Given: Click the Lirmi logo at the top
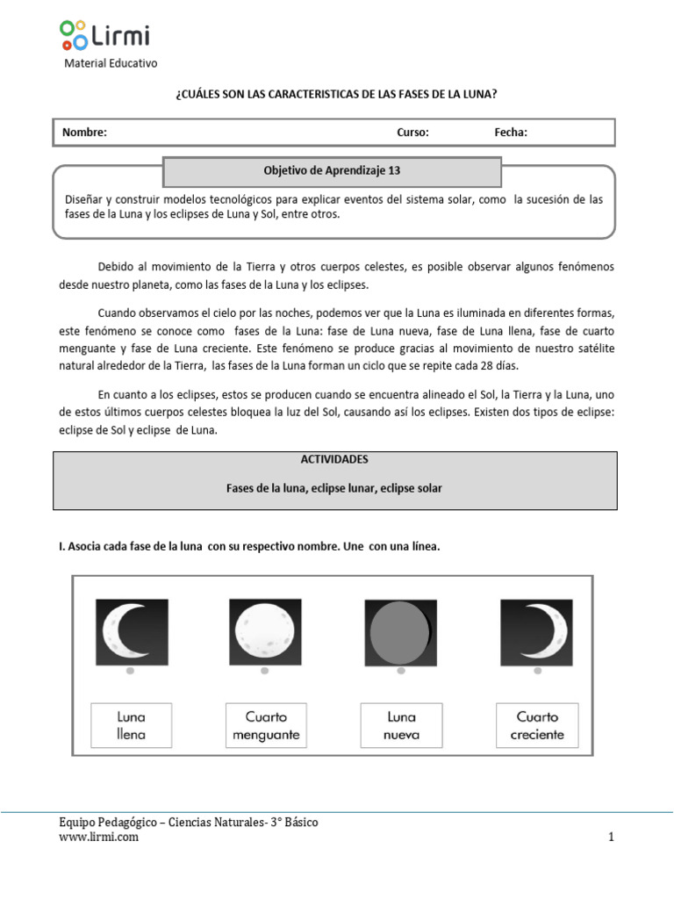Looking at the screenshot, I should pos(104,35).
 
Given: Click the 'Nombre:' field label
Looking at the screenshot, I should pos(84,133).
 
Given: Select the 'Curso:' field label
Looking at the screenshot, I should pos(412,133).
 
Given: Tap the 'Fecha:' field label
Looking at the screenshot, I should pos(511,133).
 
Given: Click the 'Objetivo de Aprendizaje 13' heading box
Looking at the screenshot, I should pos(332,171).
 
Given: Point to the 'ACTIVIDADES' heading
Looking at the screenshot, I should pos(334,459).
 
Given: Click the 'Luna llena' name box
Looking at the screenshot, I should pos(131,725).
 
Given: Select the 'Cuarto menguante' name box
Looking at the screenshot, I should pos(266,725).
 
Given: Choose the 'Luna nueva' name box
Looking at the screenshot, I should pos(401,725).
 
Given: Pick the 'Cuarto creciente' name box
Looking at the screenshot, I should pos(537,725).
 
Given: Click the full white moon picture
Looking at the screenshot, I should pos(266,630).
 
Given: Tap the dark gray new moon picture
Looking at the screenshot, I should pos(400,630).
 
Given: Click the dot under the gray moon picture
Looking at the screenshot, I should pos(401,672).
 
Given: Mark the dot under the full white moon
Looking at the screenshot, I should pos(266,672).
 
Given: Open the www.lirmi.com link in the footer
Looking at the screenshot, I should pos(98,838).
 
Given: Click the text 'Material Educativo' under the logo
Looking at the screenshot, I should pos(111,63).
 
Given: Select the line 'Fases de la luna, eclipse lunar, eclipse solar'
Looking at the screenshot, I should pos(334,487).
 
